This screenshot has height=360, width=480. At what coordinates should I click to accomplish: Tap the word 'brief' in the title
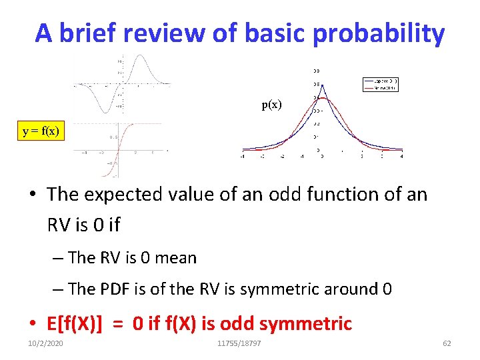(93, 33)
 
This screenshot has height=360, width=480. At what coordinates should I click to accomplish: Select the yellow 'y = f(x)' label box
(41, 131)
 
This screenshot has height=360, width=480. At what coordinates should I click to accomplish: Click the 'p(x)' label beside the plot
(271, 105)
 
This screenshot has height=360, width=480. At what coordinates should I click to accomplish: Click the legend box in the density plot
(380, 85)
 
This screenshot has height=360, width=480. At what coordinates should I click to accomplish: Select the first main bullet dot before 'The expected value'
(33, 195)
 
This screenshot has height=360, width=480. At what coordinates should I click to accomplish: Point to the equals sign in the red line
(118, 324)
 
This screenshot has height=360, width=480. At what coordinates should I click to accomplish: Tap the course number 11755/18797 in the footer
(239, 343)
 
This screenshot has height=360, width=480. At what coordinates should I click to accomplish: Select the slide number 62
(447, 343)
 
